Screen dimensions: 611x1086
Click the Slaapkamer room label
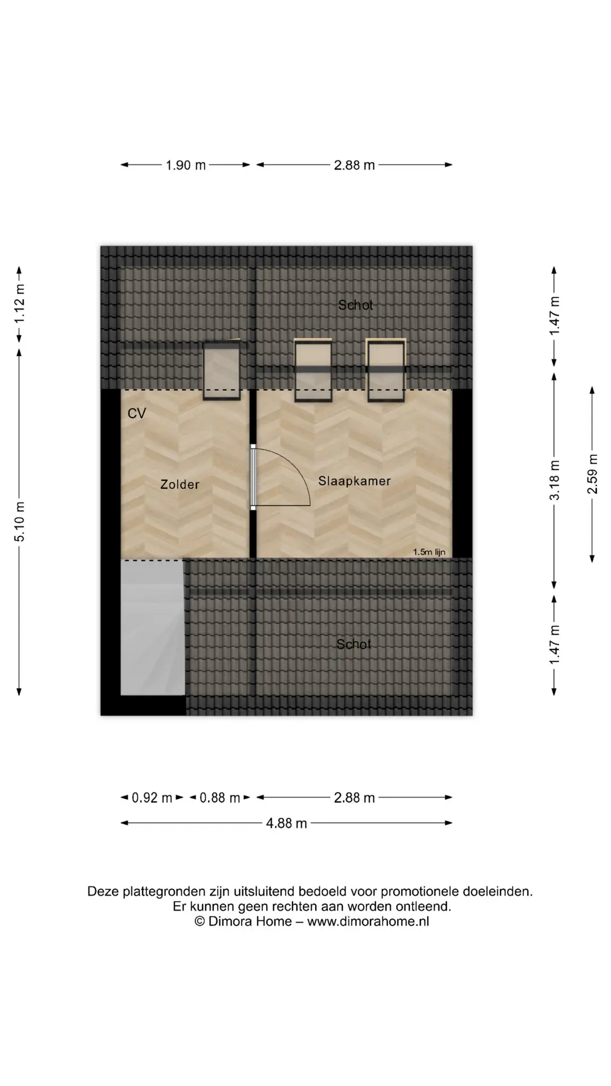click(x=354, y=481)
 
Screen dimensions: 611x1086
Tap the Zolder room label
click(x=180, y=484)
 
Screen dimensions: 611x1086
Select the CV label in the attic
click(x=137, y=413)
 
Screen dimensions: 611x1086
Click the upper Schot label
click(x=355, y=305)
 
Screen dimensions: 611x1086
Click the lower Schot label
click(x=354, y=644)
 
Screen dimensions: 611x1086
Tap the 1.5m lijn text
click(x=429, y=552)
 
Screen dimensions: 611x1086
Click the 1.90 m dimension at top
click(x=186, y=165)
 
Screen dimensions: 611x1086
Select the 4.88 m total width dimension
click(x=286, y=823)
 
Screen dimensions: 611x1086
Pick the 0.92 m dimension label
click(x=152, y=798)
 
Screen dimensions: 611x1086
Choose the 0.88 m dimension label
click(x=220, y=798)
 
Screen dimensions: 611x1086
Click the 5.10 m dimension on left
click(x=20, y=522)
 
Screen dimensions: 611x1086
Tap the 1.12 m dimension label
click(x=20, y=303)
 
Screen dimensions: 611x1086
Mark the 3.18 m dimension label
click(x=555, y=480)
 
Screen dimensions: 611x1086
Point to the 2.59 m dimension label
click(x=592, y=474)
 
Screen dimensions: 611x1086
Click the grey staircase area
click(x=153, y=628)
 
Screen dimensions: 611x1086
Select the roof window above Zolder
click(x=222, y=370)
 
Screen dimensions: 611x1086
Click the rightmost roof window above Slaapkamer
click(x=386, y=370)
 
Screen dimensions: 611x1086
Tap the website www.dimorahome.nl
click(x=368, y=921)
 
